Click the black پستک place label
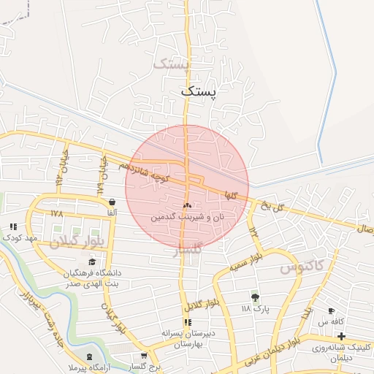point(198,91)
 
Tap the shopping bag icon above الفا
point(112,202)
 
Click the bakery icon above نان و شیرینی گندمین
point(187,206)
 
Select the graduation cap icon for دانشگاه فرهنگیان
point(92,262)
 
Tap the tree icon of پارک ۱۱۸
point(255,297)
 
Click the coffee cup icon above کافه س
point(332,310)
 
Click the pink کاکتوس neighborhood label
point(302,268)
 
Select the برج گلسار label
point(143,366)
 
